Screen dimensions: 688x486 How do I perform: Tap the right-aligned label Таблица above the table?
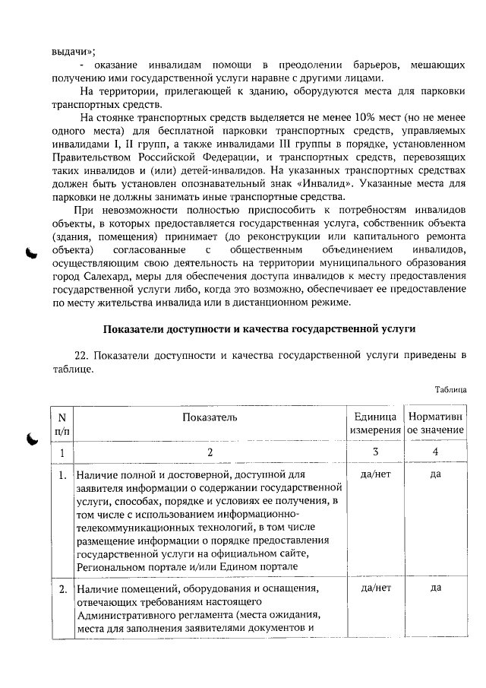tap(450, 390)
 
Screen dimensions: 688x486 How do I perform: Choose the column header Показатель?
tap(210, 417)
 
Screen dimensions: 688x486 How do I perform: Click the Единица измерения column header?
tap(374, 423)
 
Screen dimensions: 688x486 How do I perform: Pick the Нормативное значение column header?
tap(435, 423)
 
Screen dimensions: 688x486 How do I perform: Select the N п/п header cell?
tap(62, 423)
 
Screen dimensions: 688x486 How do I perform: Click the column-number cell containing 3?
tap(374, 452)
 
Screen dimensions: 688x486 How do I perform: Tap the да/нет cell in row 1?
tap(374, 476)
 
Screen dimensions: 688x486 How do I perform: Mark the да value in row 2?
tap(435, 587)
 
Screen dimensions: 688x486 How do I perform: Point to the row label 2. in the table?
tap(62, 588)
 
